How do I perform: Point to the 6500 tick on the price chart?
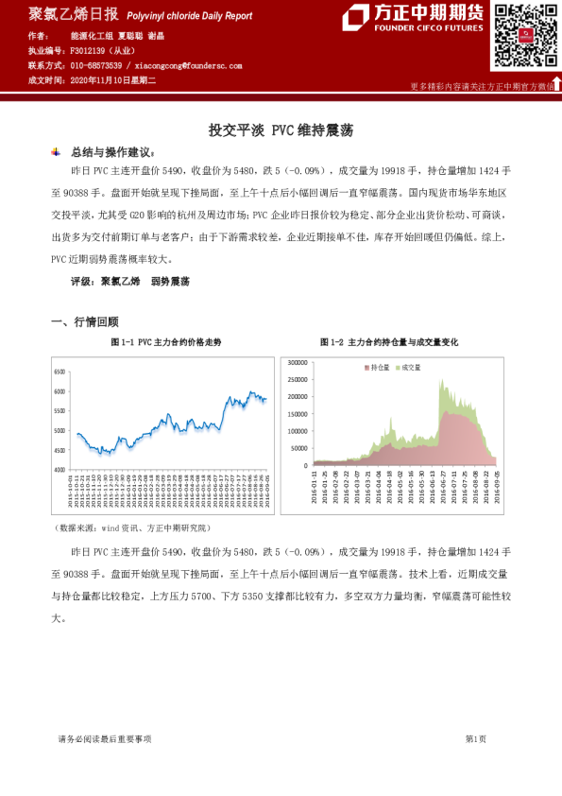(59, 372)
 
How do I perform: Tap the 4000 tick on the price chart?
(59, 469)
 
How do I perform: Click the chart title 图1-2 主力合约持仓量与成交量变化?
(389, 341)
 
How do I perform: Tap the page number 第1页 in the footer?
(476, 739)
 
